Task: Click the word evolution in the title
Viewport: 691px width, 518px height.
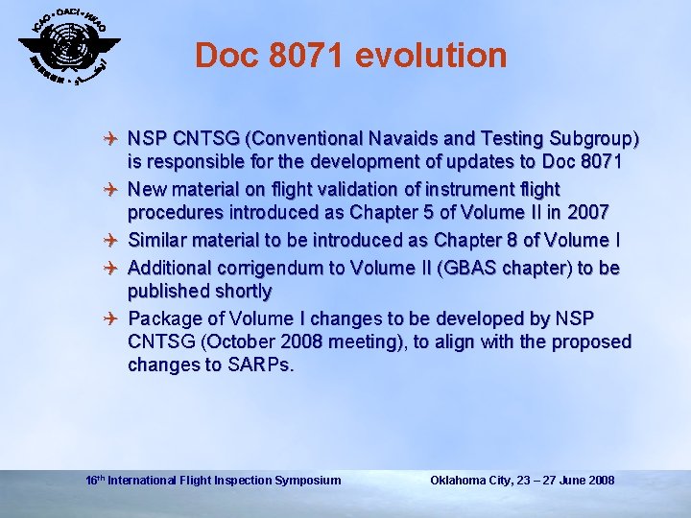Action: [x=431, y=56]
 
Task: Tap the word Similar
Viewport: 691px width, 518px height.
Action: [x=160, y=240]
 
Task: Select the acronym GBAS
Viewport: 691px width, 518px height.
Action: [x=474, y=266]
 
